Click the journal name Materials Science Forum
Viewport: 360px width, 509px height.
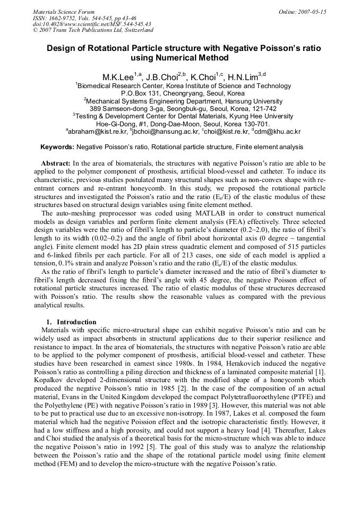click(64, 12)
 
